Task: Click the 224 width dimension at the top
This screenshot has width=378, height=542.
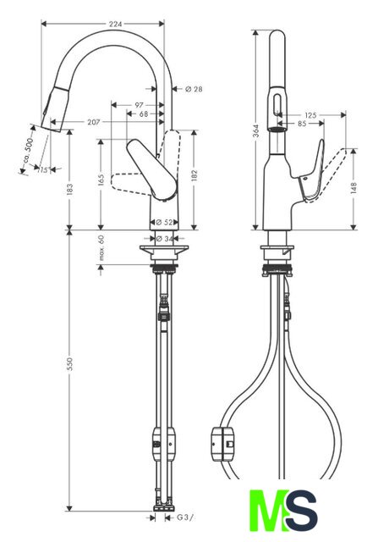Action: tap(116, 24)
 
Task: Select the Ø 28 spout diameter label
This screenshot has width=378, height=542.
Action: tap(194, 89)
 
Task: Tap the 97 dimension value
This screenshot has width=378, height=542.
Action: tap(139, 105)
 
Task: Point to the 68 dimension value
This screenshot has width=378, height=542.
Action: tap(144, 113)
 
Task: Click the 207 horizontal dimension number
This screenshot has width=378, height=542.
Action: tap(94, 122)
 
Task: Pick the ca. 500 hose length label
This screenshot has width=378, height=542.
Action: tap(28, 150)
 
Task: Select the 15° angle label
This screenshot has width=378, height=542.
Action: tap(43, 169)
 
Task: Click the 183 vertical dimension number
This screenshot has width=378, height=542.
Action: tap(69, 188)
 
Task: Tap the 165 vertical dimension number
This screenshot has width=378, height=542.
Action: tap(101, 180)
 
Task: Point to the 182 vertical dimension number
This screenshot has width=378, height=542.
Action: tap(194, 175)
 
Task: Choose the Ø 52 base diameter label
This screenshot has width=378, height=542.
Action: tap(164, 222)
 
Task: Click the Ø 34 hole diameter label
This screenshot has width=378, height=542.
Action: tap(164, 239)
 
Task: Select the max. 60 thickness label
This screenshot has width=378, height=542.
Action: tap(101, 248)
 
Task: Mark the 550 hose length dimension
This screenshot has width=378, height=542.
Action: tap(69, 364)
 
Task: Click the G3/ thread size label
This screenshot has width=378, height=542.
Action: tap(185, 517)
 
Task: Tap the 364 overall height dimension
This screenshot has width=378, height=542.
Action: tap(255, 130)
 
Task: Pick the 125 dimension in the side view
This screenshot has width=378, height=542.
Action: tap(310, 115)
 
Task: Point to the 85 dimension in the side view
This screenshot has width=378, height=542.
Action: tap(302, 123)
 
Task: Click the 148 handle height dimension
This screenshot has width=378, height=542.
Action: tap(353, 188)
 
